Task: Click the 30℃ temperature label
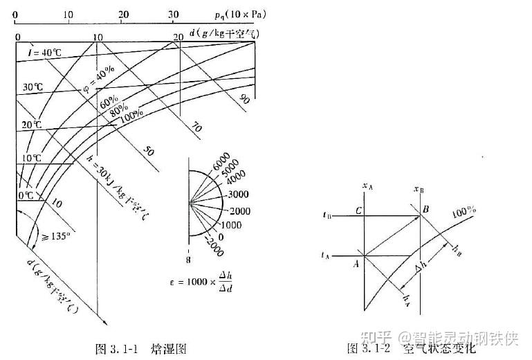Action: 32,88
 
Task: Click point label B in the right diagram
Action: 426,208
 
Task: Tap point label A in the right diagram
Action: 356,262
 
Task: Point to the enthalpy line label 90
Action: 244,100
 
